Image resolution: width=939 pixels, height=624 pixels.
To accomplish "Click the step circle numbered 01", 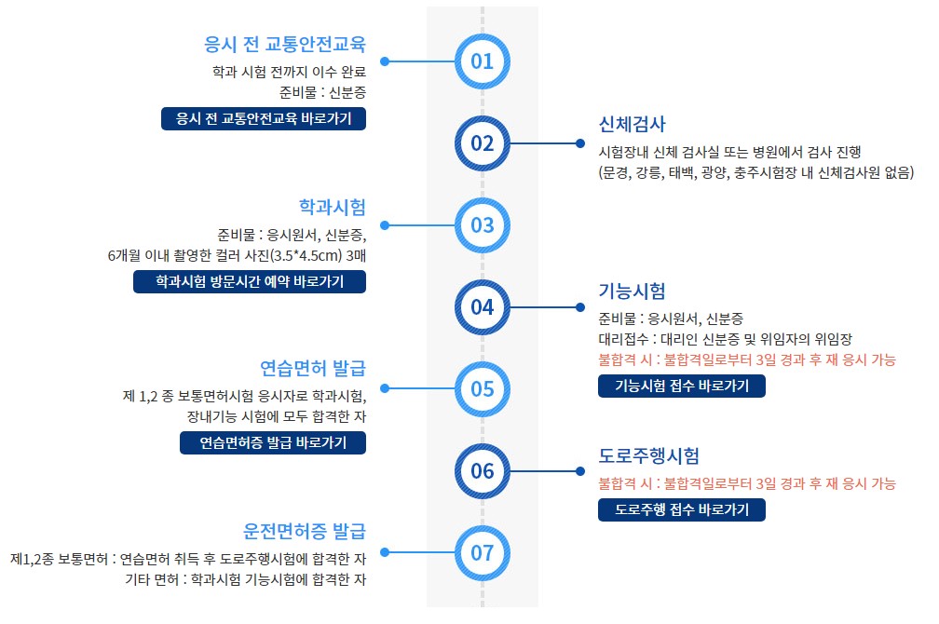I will pos(482,61).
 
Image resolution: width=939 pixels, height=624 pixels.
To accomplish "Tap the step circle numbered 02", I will pos(482,143).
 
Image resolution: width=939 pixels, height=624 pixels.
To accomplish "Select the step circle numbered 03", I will pos(482,225).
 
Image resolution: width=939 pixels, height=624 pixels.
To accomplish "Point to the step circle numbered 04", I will pos(482,306).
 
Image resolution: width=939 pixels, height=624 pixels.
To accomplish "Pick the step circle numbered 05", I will pos(482,388).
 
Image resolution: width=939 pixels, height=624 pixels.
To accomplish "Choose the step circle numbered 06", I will pos(482,470).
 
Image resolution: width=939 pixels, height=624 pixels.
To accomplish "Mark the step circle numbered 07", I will pos(482,552).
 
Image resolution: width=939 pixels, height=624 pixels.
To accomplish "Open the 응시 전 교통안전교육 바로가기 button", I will pos(263,118).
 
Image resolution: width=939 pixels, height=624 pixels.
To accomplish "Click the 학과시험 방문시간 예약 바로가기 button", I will pos(250,281).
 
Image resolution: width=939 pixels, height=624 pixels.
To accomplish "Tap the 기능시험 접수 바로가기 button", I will pos(681,386).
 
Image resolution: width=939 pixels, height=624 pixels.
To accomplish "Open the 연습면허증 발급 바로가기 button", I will pos(273,442).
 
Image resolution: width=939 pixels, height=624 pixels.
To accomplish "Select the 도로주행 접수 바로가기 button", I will pos(681,509).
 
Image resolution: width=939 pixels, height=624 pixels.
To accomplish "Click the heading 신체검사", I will pos(633,125).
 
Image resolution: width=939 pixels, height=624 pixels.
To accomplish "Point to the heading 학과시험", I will pos(333,206).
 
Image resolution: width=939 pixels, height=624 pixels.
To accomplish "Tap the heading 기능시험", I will pos(633,290).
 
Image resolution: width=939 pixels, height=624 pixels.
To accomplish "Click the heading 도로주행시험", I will pos(648,456).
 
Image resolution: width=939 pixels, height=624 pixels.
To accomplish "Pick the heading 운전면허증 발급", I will pos(305,531).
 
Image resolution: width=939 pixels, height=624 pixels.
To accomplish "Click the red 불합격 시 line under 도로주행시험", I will pos(746,483).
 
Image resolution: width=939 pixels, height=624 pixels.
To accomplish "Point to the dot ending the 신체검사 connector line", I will pos(579,143).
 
